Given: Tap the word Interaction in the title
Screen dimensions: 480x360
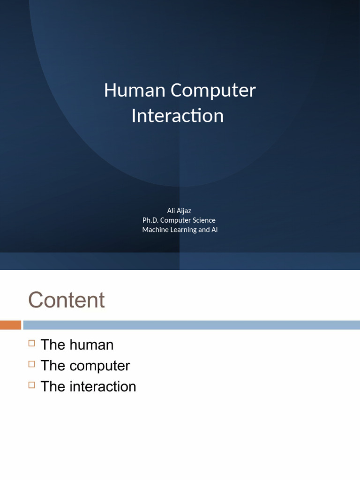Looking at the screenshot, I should tap(178, 116).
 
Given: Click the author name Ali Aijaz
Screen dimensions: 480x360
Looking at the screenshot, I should tap(179, 210).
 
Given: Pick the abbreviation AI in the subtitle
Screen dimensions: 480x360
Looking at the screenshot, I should tap(214, 230).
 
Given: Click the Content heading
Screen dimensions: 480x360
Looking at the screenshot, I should tap(67, 300).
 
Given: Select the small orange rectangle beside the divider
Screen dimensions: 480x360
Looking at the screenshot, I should tap(10, 325).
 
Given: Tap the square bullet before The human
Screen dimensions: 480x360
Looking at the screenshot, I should tap(32, 343).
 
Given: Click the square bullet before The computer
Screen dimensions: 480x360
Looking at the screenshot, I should tap(32, 364).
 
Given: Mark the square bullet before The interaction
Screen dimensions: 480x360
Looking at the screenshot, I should tap(32, 385).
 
